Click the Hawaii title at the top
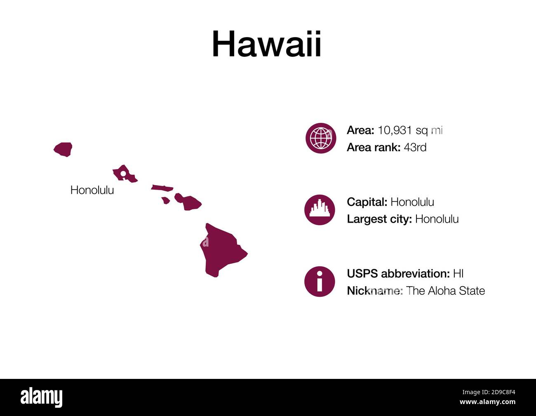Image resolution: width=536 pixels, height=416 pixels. pyautogui.click(x=267, y=44)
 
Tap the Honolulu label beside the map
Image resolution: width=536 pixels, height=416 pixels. pyautogui.click(x=92, y=190)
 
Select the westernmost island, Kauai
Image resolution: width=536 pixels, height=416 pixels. pyautogui.click(x=63, y=149)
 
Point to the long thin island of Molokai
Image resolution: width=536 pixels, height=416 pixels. pyautogui.click(x=162, y=188)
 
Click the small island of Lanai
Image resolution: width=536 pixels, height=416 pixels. pyautogui.click(x=166, y=200)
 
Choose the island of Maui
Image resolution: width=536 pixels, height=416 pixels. pyautogui.click(x=188, y=202)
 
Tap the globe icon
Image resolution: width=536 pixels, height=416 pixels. pyautogui.click(x=321, y=138)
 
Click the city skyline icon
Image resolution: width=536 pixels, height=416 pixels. pyautogui.click(x=320, y=210)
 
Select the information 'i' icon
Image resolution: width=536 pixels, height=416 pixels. pyautogui.click(x=320, y=281)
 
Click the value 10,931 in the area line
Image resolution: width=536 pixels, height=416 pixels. pyautogui.click(x=395, y=130)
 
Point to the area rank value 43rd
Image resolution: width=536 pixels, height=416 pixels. pyautogui.click(x=415, y=148)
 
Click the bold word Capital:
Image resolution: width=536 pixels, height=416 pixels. pyautogui.click(x=367, y=202)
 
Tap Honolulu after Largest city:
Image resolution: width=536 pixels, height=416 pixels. pyautogui.click(x=437, y=219)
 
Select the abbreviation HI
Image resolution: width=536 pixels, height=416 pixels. pyautogui.click(x=458, y=274)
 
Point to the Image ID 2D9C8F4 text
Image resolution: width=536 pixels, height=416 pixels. pyautogui.click(x=489, y=392)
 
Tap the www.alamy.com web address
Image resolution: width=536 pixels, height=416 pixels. pyautogui.click(x=487, y=402)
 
